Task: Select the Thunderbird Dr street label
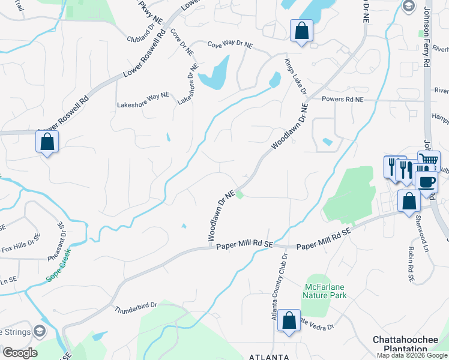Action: (x=136, y=307)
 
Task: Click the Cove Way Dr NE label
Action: (x=231, y=45)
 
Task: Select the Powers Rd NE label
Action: (x=343, y=99)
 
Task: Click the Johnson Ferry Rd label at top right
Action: (x=427, y=36)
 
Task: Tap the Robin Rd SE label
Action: (x=412, y=265)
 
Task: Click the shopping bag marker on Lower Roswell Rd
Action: (x=47, y=142)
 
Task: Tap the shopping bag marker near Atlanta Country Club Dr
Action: (x=289, y=320)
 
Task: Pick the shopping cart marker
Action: (x=429, y=161)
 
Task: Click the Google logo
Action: (x=19, y=352)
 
